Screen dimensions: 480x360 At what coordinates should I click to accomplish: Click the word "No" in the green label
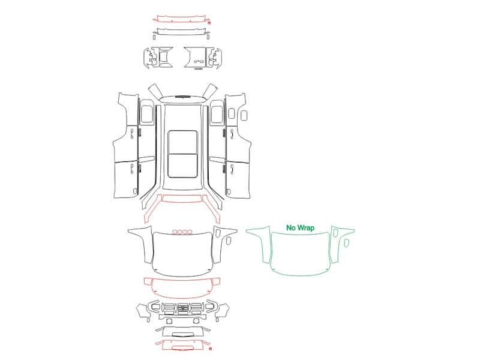pyautogui.click(x=290, y=228)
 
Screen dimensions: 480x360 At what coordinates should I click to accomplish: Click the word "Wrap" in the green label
pyautogui.click(x=305, y=228)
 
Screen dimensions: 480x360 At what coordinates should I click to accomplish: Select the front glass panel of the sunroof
pyautogui.click(x=182, y=142)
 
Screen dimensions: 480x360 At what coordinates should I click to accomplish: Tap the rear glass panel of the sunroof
pyautogui.click(x=182, y=166)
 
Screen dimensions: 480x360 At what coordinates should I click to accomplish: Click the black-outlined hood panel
pyautogui.click(x=182, y=254)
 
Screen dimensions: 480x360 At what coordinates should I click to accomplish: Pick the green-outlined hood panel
pyautogui.click(x=300, y=254)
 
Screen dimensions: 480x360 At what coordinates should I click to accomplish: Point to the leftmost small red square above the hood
pyautogui.click(x=175, y=232)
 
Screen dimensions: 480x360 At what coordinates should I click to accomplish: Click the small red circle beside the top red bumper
pyautogui.click(x=209, y=22)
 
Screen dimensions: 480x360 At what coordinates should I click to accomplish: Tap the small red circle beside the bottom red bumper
pyautogui.click(x=210, y=349)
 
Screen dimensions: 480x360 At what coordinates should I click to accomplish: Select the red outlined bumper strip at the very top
pyautogui.click(x=182, y=19)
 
